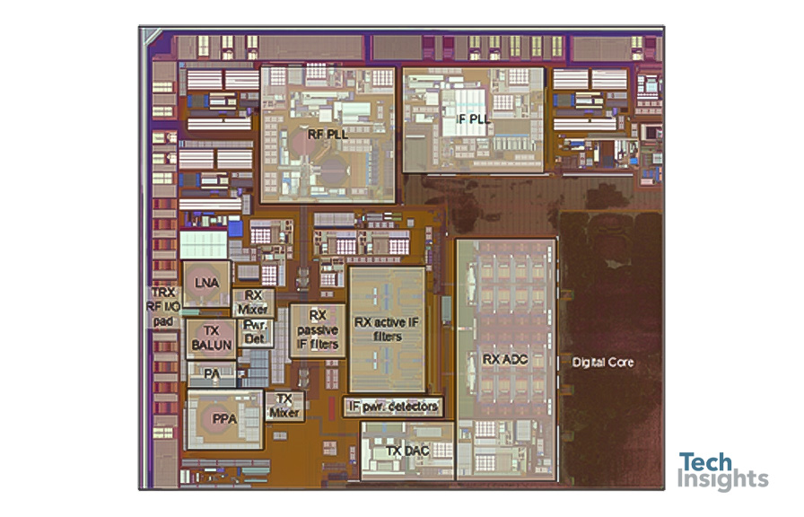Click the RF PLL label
click(x=328, y=135)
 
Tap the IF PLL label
click(x=473, y=119)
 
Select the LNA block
click(x=206, y=284)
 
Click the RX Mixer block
click(x=253, y=302)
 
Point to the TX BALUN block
click(x=211, y=338)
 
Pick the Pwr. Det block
click(x=255, y=332)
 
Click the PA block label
click(x=212, y=374)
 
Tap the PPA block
click(x=224, y=419)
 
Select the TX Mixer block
click(x=284, y=406)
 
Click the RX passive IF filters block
click(x=318, y=330)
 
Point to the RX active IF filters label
click(x=387, y=329)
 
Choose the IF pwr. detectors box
click(x=393, y=407)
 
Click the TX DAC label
click(x=407, y=451)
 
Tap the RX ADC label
click(x=505, y=360)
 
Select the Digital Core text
click(x=603, y=362)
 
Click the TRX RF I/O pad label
click(x=163, y=307)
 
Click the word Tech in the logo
click(x=705, y=462)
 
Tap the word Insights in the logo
click(x=722, y=480)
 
